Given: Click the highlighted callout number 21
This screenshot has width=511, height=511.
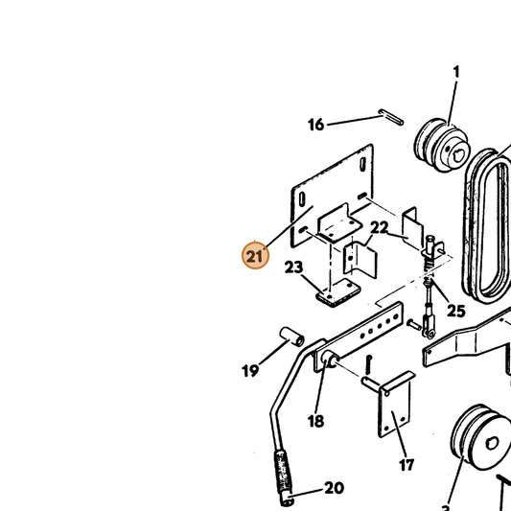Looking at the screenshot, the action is pos(255,256).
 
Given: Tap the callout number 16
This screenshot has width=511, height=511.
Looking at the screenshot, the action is pos(316,125).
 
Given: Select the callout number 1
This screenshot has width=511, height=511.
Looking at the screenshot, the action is pos(456,72).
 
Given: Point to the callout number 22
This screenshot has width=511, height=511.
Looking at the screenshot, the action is pos(380,228).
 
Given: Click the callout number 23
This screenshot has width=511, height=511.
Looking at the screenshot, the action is pos(293,267).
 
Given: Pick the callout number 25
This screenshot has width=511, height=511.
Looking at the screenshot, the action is pos(456,311).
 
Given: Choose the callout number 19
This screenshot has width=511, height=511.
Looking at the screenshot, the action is pos(250,370).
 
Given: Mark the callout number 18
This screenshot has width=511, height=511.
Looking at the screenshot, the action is pos(315,421).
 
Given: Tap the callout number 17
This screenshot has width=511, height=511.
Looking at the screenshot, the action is pos(406,465).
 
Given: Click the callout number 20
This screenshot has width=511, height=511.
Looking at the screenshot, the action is pos(334,488).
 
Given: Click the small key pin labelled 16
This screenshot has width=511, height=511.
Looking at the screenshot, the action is pos(391,117).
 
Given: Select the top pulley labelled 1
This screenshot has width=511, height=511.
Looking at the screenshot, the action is pos(442,145).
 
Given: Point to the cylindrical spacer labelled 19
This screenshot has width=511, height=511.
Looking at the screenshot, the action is pos(292,337).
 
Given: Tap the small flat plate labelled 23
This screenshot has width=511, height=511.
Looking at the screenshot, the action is pos(338,292).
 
